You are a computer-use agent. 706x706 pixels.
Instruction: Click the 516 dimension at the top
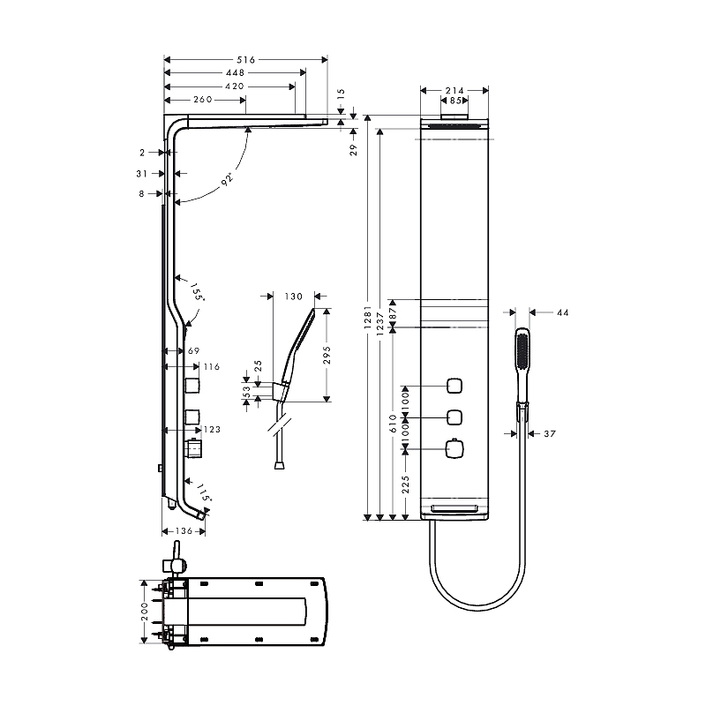tap(245, 60)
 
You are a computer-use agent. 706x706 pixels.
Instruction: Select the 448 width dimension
tap(234, 73)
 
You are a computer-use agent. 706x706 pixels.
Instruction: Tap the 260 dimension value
tap(202, 100)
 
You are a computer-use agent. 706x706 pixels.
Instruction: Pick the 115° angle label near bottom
tap(203, 492)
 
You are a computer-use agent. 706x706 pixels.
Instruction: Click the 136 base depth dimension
tap(184, 531)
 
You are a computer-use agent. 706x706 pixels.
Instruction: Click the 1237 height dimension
tap(380, 322)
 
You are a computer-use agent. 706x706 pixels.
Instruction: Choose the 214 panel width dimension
tap(454, 90)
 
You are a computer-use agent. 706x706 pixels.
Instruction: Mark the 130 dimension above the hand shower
tap(294, 297)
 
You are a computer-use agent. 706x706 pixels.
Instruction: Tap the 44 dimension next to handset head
tap(562, 312)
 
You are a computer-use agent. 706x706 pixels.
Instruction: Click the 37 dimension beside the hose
tap(550, 433)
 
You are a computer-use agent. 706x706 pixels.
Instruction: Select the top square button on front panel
tap(455, 386)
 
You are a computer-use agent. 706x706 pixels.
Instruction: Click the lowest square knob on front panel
tap(455, 449)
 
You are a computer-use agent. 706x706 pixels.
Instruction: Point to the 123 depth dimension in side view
tap(212, 430)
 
